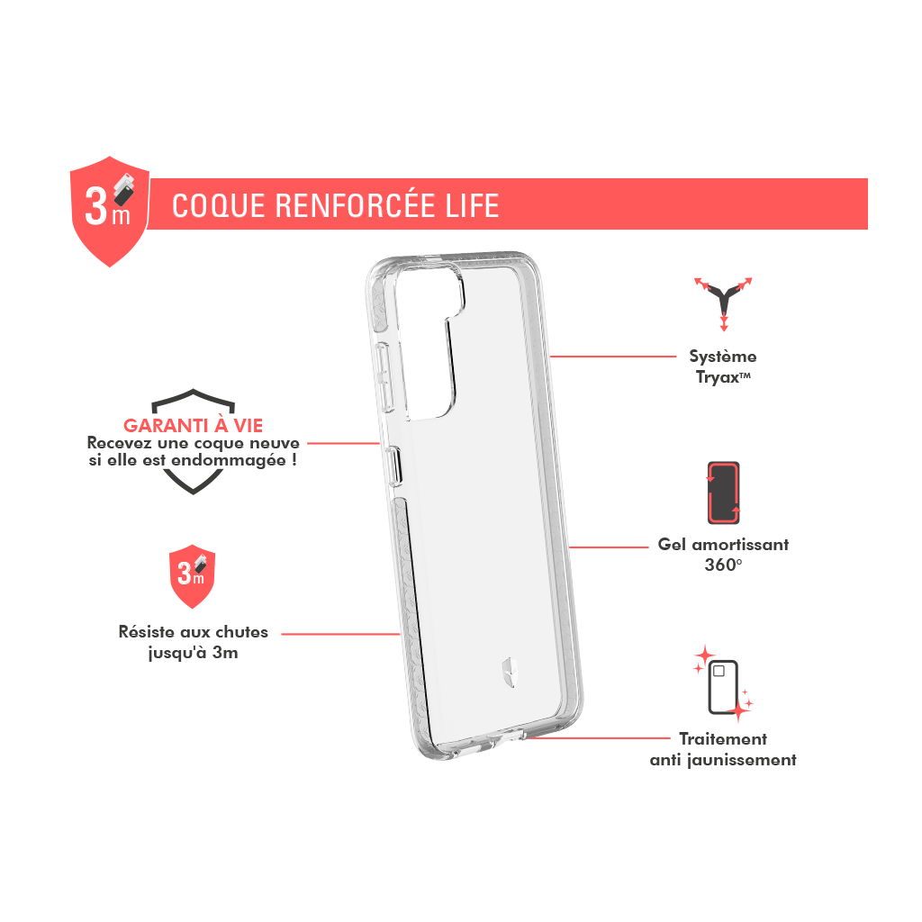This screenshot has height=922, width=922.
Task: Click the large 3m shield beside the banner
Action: [x=109, y=211]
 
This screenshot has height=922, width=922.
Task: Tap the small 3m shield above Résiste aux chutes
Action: [x=193, y=576]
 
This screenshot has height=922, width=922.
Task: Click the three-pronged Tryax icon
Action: [x=723, y=303]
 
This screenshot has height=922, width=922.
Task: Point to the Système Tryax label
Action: [x=723, y=366]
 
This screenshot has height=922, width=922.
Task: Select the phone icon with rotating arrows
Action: [x=723, y=493]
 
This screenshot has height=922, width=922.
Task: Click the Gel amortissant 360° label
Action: [x=723, y=555]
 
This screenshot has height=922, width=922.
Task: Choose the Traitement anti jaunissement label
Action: [x=723, y=749]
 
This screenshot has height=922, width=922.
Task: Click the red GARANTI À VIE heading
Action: [x=193, y=425]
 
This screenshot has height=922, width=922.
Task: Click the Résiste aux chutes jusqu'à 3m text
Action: [x=193, y=641]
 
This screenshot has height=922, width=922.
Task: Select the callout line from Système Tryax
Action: [x=612, y=357]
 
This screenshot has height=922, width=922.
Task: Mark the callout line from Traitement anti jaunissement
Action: [x=596, y=738]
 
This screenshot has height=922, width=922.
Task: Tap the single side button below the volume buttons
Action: [x=393, y=466]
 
